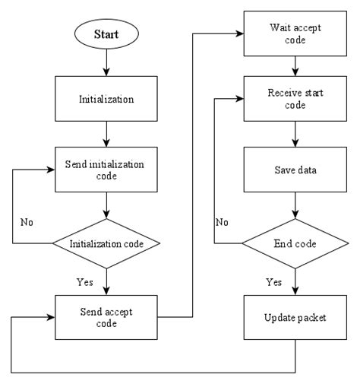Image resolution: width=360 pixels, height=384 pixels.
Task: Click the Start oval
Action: click(x=106, y=35)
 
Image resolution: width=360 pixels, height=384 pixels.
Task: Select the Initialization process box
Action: click(x=106, y=99)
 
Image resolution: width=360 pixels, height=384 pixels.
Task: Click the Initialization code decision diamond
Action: click(x=106, y=244)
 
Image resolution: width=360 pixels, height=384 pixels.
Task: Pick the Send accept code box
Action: click(x=106, y=316)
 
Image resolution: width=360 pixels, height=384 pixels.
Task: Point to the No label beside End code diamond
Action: click(x=222, y=222)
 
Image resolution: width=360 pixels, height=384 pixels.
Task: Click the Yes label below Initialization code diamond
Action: click(x=85, y=281)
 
